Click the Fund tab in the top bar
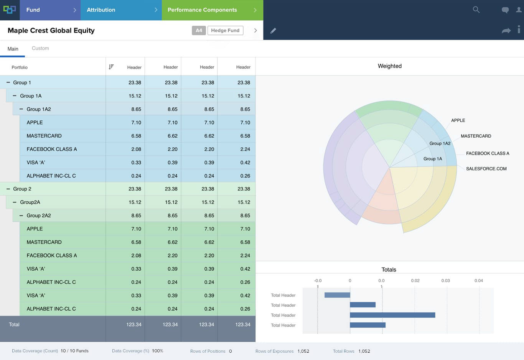click(33, 10)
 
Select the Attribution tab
click(101, 10)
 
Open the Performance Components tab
click(202, 10)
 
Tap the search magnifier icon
click(476, 10)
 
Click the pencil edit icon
click(273, 31)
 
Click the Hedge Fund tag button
click(225, 30)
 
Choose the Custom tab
click(40, 48)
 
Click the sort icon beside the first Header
click(111, 67)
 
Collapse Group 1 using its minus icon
click(8, 82)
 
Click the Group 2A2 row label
click(39, 215)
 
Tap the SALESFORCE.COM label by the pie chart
click(486, 169)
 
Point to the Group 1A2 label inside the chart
click(440, 143)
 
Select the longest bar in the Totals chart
click(392, 315)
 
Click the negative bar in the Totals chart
click(337, 295)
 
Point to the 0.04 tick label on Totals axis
click(478, 281)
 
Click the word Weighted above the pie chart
click(389, 66)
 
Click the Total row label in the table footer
click(14, 324)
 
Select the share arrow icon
click(506, 31)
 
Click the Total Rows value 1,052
click(364, 351)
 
